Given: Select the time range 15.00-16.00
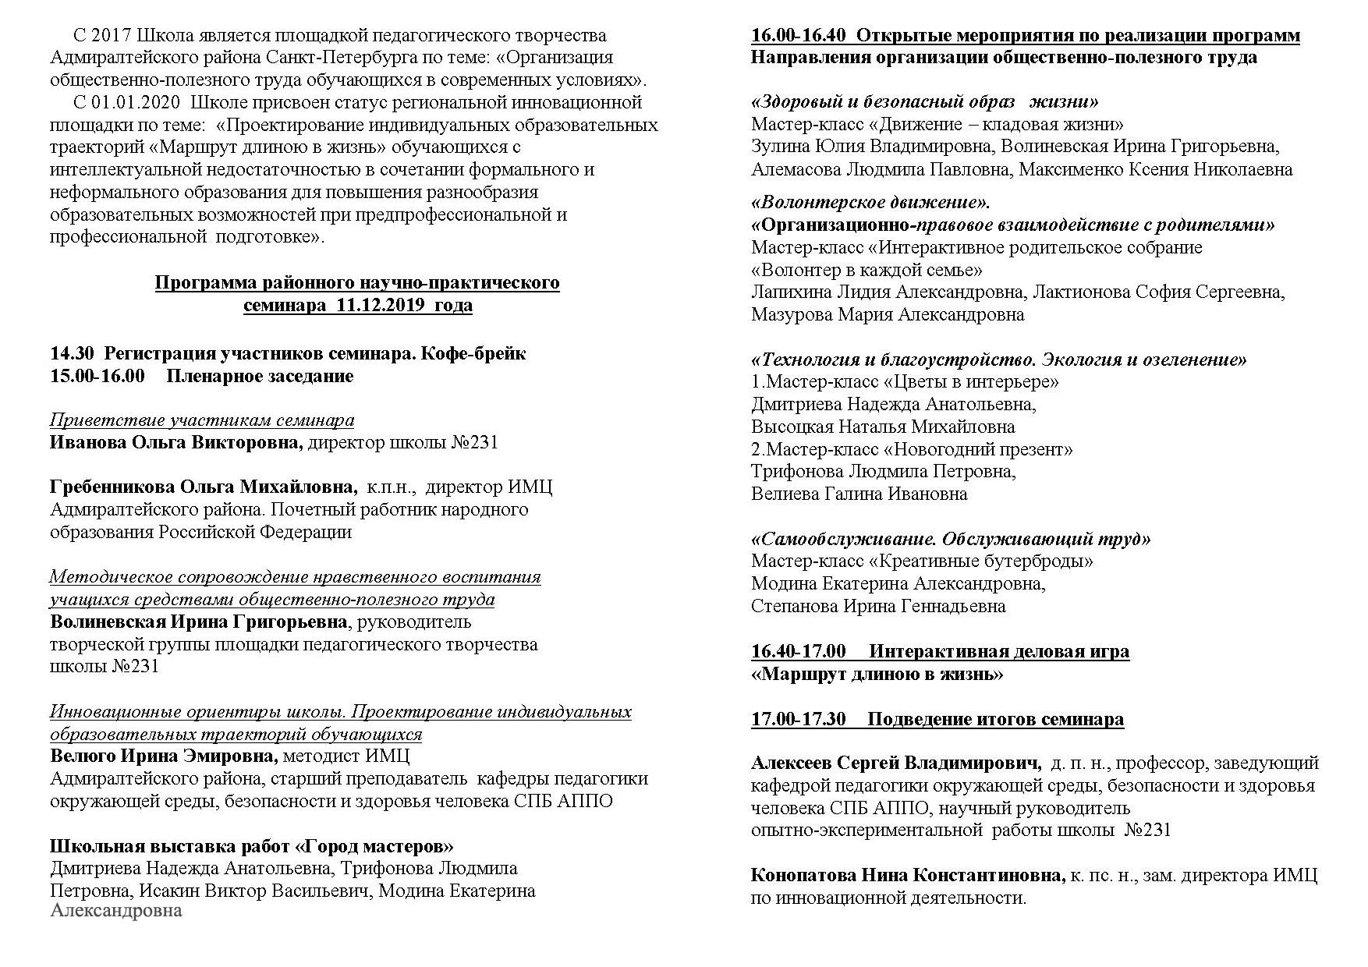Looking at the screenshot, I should tap(97, 377).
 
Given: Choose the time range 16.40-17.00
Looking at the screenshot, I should tap(798, 652).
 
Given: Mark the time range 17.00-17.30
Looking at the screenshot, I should tap(798, 720).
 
